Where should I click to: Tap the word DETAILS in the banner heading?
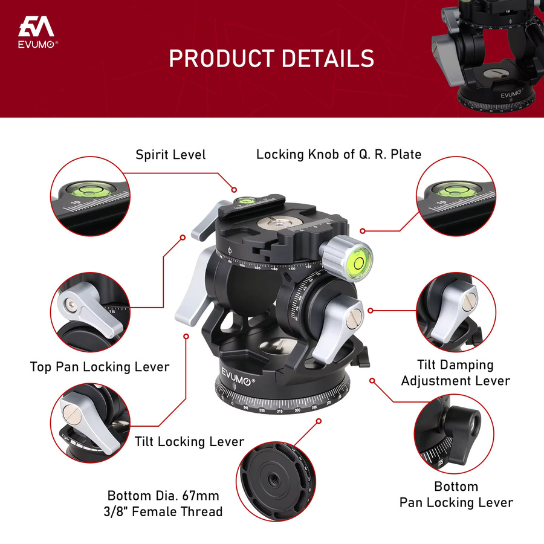(x=328, y=58)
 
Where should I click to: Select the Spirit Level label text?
(x=170, y=155)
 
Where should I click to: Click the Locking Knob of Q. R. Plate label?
(x=338, y=154)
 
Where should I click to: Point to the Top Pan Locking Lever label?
(x=100, y=367)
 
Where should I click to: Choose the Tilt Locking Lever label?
(x=189, y=442)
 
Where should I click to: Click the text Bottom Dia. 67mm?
(x=163, y=496)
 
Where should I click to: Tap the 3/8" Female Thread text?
(x=163, y=512)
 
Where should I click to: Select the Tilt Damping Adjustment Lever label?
(x=456, y=372)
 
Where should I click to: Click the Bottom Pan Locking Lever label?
(x=456, y=494)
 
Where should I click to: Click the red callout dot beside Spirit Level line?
(x=234, y=190)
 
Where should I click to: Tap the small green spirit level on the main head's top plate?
(x=245, y=200)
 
